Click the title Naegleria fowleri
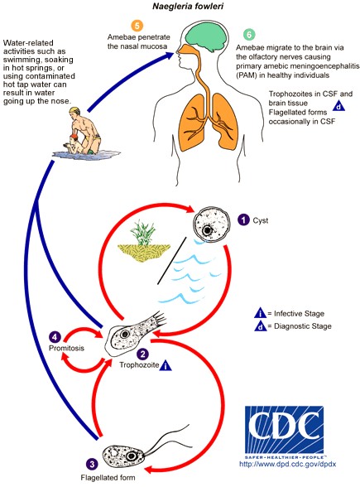[188, 6]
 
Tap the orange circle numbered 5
[137, 26]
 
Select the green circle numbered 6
[249, 35]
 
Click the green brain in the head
[206, 37]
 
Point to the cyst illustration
[212, 224]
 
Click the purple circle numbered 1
[243, 220]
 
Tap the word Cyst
[260, 220]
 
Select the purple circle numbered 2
[142, 354]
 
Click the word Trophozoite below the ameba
[139, 365]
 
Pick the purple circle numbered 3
[92, 464]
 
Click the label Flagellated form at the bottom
[108, 477]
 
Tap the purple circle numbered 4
[55, 337]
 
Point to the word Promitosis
[66, 348]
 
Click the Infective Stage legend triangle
[260, 313]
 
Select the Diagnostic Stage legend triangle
[260, 326]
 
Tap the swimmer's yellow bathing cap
[74, 111]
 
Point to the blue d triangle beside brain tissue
[338, 107]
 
